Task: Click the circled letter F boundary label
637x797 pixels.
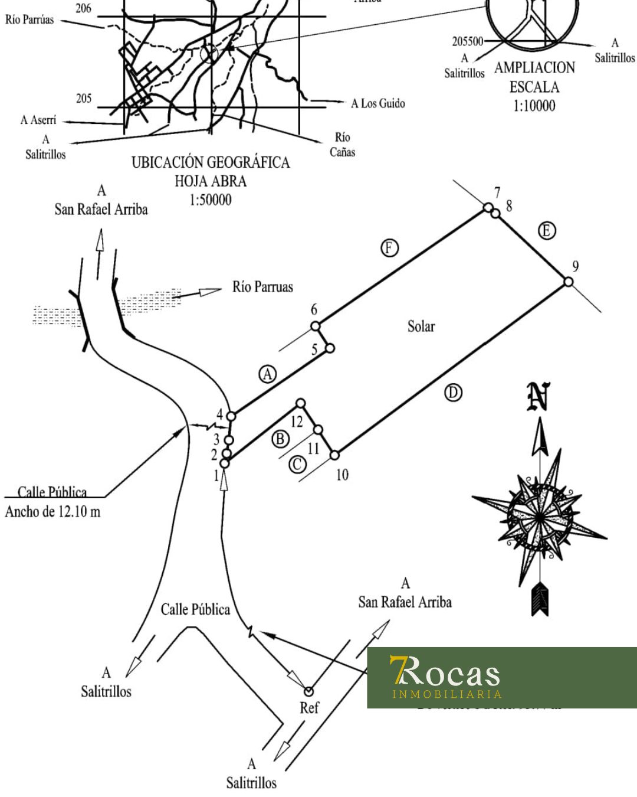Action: [389, 248]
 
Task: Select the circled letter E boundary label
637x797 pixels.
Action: [547, 230]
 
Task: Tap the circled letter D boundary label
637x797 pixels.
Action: [453, 393]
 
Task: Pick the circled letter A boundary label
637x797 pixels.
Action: [268, 374]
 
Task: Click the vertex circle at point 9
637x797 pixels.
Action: [568, 282]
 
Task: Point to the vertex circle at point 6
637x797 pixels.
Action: [316, 325]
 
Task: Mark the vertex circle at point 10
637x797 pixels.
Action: [334, 455]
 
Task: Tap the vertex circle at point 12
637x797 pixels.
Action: [300, 403]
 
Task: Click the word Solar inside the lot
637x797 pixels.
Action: [421, 326]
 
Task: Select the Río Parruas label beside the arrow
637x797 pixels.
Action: [262, 288]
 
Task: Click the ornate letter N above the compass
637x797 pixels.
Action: [539, 397]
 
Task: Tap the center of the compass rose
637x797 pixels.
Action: [539, 517]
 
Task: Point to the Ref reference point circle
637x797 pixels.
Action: [308, 691]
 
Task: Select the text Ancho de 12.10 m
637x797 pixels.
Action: [52, 511]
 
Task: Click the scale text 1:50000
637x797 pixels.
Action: [210, 200]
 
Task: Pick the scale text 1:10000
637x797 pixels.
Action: [534, 106]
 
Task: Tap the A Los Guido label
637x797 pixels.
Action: [378, 104]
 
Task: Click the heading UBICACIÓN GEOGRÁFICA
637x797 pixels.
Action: [211, 162]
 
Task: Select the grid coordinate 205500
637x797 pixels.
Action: [467, 42]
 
